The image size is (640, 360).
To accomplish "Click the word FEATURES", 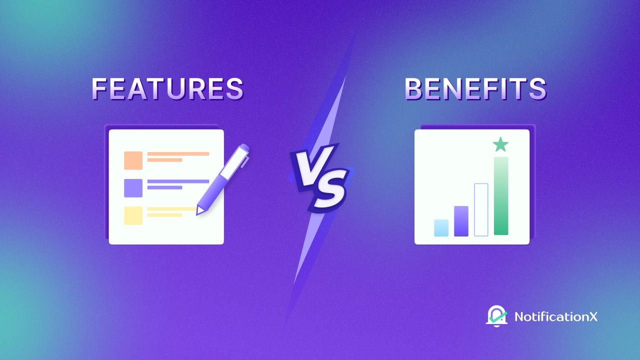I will coord(167,89).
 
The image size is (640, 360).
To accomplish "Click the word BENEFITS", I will coord(475,89).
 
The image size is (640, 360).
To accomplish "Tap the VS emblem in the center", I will coord(318,176).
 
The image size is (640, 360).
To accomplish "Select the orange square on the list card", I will coord(133,160).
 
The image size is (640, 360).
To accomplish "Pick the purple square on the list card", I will coord(133,188).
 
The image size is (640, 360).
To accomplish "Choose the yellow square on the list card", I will coord(133,215).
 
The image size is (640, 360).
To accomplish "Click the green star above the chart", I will coord(500,145).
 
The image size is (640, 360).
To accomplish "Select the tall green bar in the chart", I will coord(501,196).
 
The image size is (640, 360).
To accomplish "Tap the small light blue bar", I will coord(441,227).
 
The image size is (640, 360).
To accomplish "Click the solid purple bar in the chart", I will coord(461,221).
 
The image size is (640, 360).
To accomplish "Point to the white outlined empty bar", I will coord(481,209).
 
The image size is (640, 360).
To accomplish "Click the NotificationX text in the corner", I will coord(555,316).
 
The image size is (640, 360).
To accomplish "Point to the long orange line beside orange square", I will coord(178,154).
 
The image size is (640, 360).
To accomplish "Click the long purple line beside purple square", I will coord(178,181).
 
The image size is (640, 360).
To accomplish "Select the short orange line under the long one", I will coord(164,160).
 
